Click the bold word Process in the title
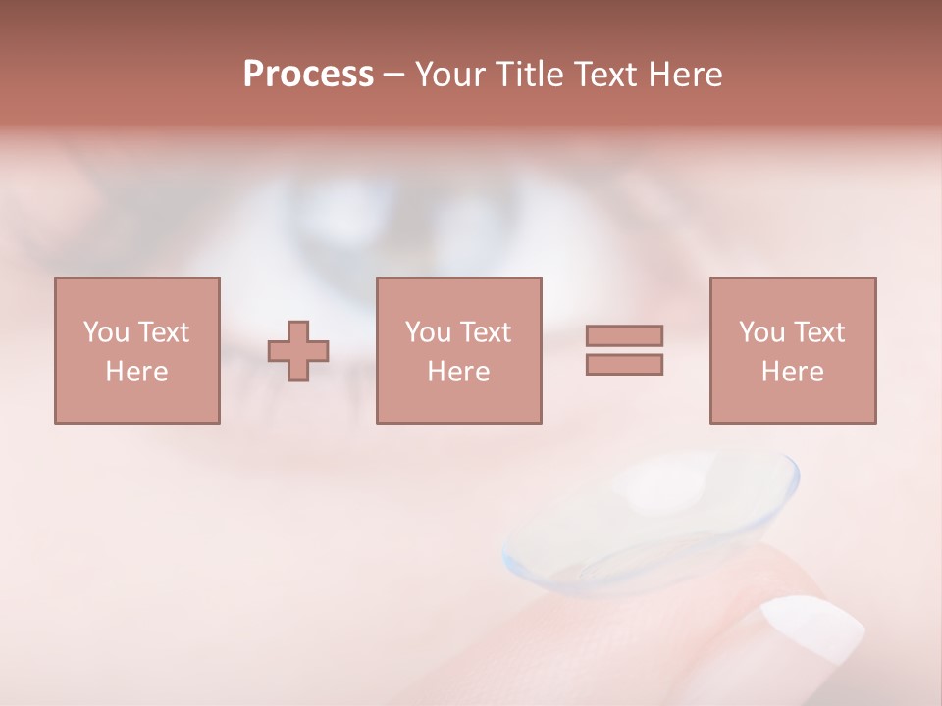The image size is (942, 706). click(x=308, y=75)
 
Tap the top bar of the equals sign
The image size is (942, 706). click(x=624, y=335)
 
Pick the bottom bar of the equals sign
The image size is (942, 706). click(x=624, y=364)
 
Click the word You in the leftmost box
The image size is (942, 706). click(x=106, y=332)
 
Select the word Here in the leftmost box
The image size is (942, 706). click(x=136, y=372)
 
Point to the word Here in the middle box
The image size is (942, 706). click(x=458, y=372)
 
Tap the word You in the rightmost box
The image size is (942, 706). click(x=762, y=332)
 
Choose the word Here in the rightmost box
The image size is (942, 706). click(x=792, y=372)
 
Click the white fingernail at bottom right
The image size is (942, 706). click(x=812, y=628)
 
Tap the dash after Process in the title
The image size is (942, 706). click(x=394, y=75)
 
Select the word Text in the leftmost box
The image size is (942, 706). click(x=164, y=332)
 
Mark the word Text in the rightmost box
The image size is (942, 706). click(x=819, y=332)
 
